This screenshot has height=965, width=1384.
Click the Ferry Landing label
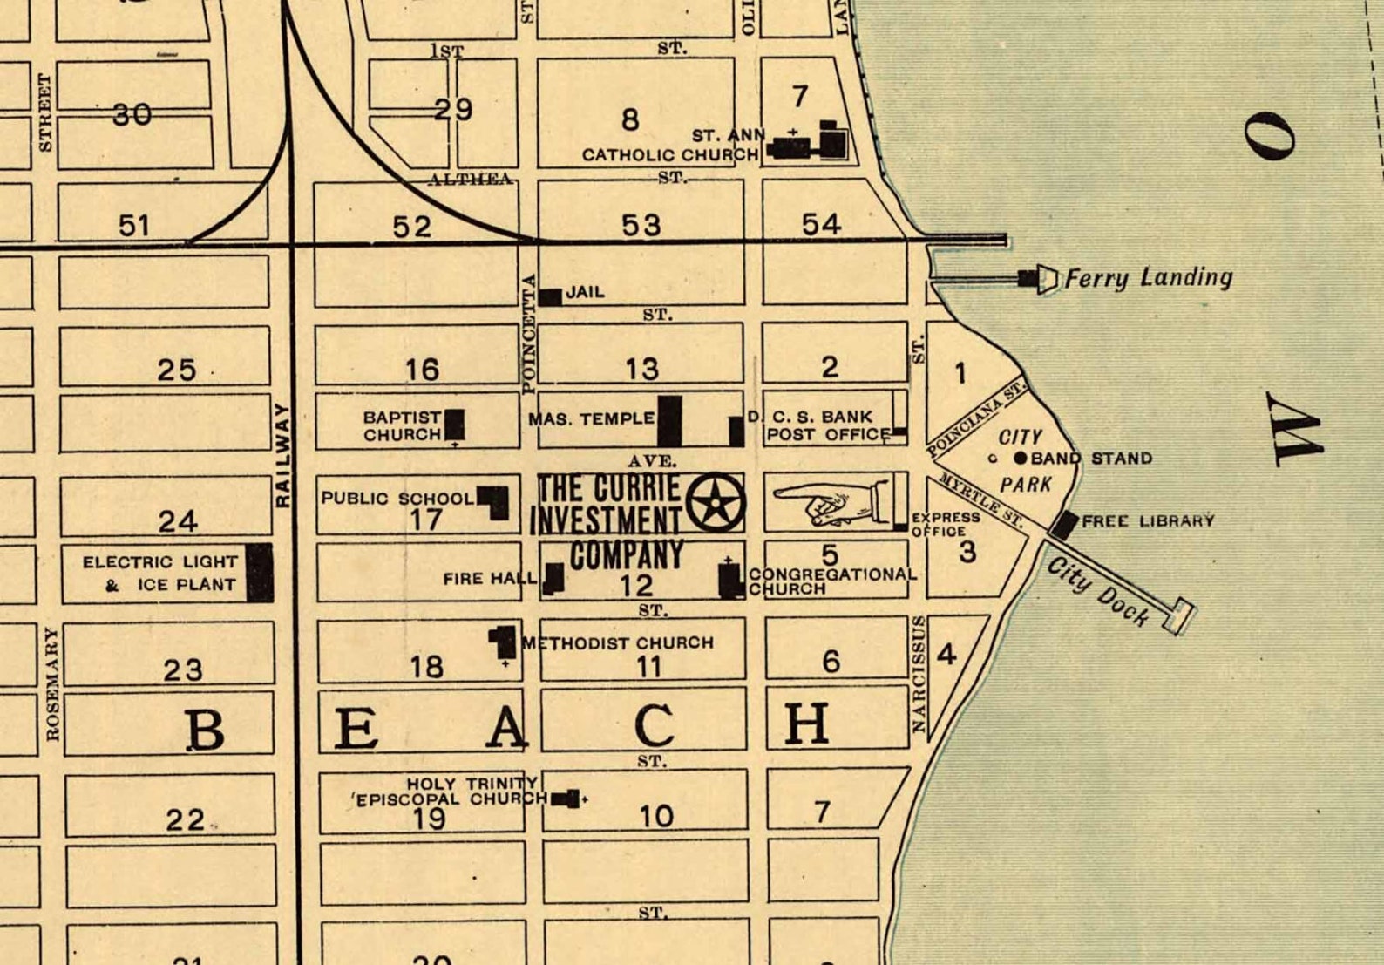pos(1148,278)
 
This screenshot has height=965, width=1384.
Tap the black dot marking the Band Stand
pos(1021,458)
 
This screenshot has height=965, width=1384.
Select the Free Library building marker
pos(1064,525)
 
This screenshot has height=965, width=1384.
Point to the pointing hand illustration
pos(831,504)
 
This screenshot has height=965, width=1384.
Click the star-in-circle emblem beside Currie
pos(715,502)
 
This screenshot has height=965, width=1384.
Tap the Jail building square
pos(550,297)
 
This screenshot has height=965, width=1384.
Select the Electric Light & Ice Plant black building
pos(259,573)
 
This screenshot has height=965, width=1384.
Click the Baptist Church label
pos(402,425)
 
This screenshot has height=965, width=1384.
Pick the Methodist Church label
pos(618,643)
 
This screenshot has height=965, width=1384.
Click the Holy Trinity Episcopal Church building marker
pos(566,799)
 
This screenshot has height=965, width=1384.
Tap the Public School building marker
pos(494,502)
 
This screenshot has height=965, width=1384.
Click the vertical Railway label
pos(282,455)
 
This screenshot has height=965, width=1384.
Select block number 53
pos(641,225)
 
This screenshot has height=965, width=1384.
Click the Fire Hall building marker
pos(553,578)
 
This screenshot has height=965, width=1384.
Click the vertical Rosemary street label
pos(53,683)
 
